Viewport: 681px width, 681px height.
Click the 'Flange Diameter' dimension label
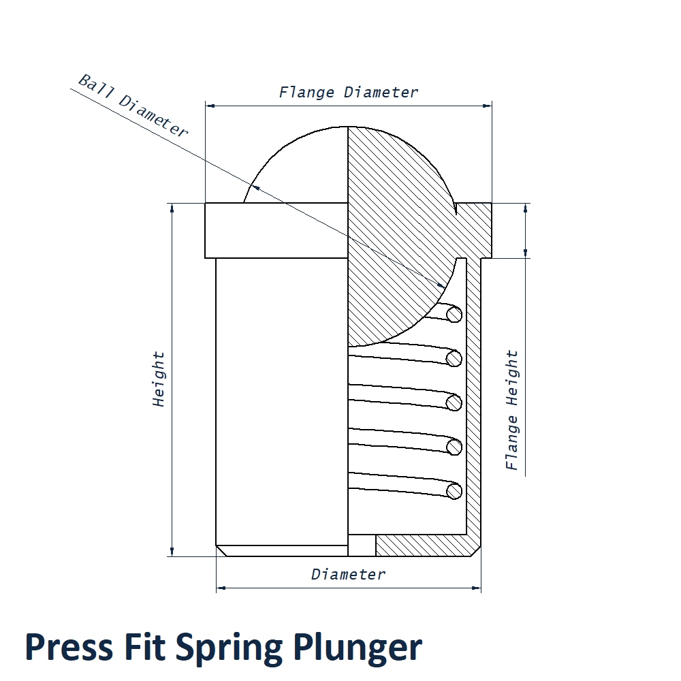349,92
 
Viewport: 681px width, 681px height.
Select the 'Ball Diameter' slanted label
133,106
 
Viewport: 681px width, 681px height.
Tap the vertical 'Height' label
159,379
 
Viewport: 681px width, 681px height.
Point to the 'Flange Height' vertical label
512,410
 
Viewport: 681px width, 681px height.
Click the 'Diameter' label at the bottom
349,574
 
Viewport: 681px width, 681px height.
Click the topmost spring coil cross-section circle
454,314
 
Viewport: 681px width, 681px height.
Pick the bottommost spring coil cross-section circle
454,490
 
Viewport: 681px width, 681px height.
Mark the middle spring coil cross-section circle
454,402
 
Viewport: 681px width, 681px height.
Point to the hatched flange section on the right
477,228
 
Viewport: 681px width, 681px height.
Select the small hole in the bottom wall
362,545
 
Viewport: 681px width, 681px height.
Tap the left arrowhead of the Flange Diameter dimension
210,106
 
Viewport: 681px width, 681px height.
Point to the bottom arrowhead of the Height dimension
172,551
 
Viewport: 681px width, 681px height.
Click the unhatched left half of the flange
276,230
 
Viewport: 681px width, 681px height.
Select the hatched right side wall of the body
473,395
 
